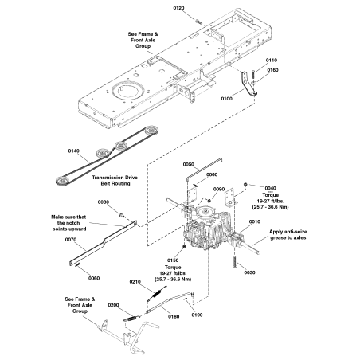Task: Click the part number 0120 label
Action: (178, 7)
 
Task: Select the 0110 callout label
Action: (272, 61)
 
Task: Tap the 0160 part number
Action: (273, 69)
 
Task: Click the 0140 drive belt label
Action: (74, 150)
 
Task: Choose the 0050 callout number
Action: (188, 164)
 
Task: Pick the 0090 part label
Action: (218, 189)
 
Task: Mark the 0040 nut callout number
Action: (270, 188)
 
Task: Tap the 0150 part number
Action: (173, 259)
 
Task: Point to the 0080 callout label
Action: (103, 202)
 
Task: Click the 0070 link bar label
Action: (70, 239)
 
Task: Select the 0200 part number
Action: (113, 305)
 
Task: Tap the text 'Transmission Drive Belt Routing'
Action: (121, 181)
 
